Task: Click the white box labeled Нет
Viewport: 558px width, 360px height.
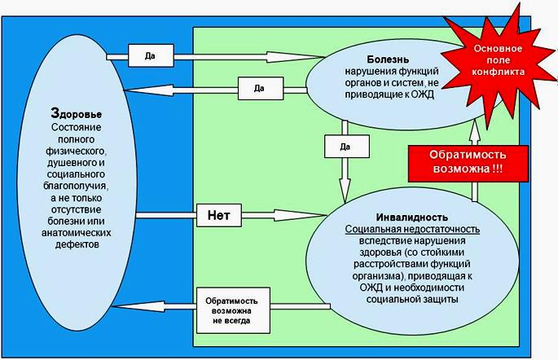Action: coord(219,215)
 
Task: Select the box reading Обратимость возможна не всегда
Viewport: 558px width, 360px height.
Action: coord(233,310)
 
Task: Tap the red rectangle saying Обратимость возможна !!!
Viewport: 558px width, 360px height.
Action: coord(468,163)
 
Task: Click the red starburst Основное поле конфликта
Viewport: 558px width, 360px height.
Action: coord(499,62)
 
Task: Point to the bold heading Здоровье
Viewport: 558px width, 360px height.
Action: coord(76,113)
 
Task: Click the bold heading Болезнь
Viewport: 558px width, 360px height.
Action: coord(388,59)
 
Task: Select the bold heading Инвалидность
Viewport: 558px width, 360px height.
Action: coord(412,217)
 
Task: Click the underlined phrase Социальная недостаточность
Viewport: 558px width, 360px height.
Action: coord(412,229)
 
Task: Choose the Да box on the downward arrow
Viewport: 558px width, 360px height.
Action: coord(347,147)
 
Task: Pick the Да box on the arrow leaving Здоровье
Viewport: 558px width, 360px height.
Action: coord(151,55)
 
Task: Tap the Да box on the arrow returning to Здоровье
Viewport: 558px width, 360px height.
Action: coord(261,88)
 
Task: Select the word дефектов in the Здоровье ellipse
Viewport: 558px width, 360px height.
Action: coord(77,244)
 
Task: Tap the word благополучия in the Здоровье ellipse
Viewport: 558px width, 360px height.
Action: coord(76,186)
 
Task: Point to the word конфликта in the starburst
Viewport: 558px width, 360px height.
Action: coord(499,72)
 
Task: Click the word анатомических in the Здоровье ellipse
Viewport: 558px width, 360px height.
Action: coord(76,233)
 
